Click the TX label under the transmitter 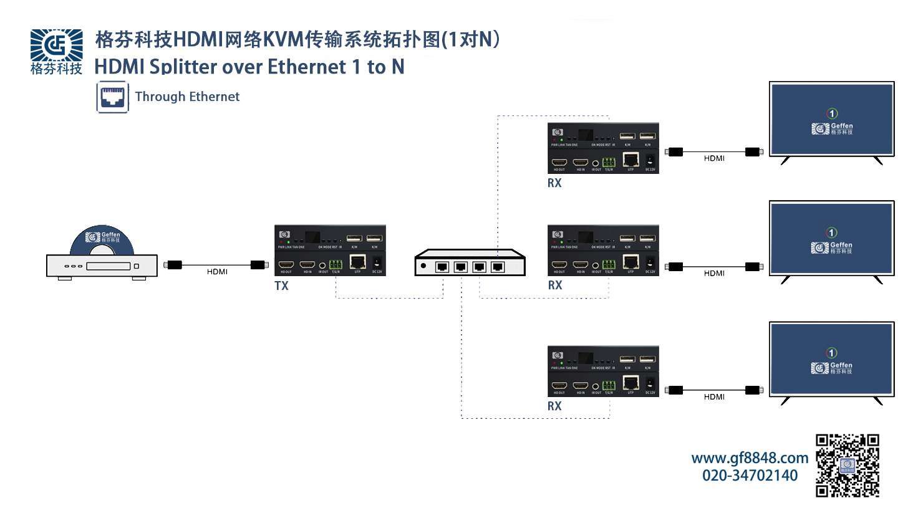[281, 286]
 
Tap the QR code [848, 465]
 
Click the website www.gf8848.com [749, 458]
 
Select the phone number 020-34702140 [750, 476]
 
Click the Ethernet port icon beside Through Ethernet [113, 97]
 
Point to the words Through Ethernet [187, 97]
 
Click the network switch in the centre [470, 263]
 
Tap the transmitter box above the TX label [330, 251]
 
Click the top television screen [831, 119]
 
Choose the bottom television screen [831, 359]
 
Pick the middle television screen [831, 238]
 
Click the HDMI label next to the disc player [217, 272]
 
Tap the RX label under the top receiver [554, 183]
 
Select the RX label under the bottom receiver [554, 406]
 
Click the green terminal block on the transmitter [336, 264]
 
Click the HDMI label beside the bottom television [714, 397]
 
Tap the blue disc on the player [102, 240]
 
